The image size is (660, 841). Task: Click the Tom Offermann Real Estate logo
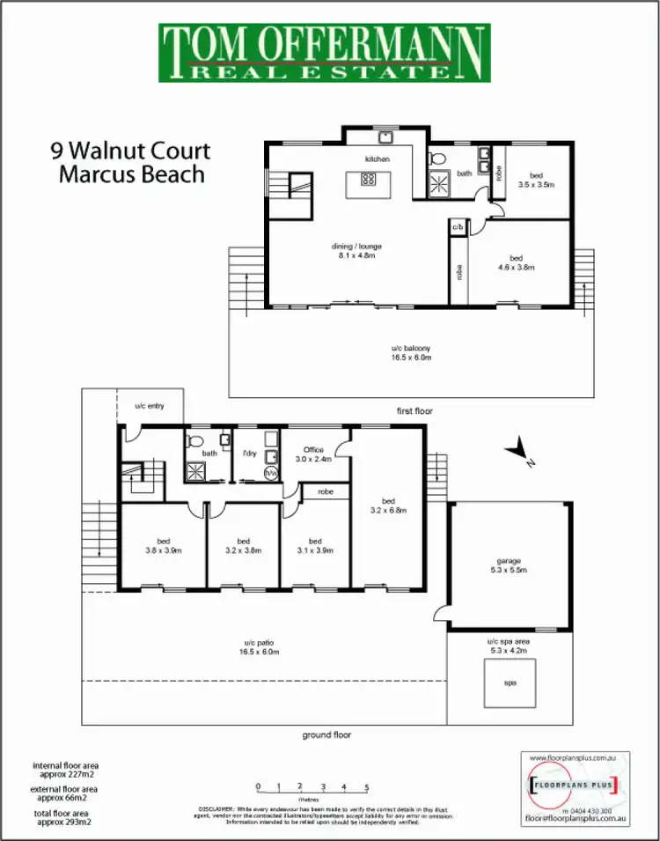[x=324, y=53]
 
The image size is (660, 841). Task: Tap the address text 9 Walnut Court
[x=130, y=151]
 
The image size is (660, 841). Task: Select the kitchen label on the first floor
[x=378, y=159]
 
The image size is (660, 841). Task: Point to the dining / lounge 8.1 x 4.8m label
[x=357, y=251]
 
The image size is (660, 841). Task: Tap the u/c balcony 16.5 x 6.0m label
[x=410, y=353]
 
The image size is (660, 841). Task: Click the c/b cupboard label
[x=457, y=227]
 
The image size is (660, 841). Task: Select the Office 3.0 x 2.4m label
[x=315, y=454]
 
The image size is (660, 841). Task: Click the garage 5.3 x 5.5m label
[x=509, y=565]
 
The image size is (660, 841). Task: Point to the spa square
[x=509, y=682]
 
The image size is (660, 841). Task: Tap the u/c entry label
[x=150, y=406]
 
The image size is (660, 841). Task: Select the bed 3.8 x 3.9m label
[x=163, y=546]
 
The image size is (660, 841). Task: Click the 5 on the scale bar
[x=366, y=786]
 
